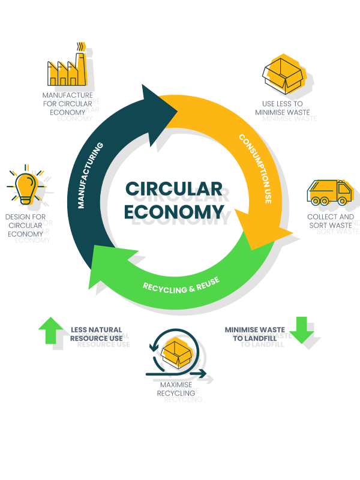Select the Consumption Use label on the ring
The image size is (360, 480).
tap(256, 168)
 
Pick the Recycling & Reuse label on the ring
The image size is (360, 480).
tap(181, 284)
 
